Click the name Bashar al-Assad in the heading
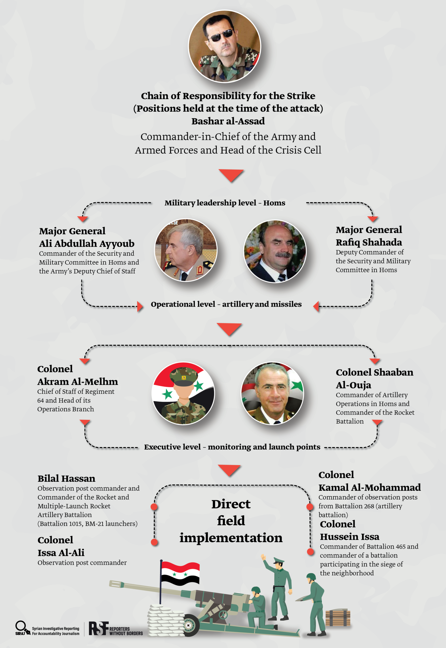pos(228,121)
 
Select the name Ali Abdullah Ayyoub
pos(87,244)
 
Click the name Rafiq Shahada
pos(369,242)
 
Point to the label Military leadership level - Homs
pos(225,203)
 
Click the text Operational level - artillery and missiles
pos(226,304)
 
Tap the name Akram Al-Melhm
pos(77,382)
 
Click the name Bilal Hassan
pos(66,478)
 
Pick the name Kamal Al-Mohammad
pos(369,488)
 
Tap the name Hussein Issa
pos(350,537)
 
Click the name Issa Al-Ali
pos(61,553)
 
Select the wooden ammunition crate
pos(338,617)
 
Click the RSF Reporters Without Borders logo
pos(115,629)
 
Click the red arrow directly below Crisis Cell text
pos(231,175)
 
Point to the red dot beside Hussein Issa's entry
pos(310,552)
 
